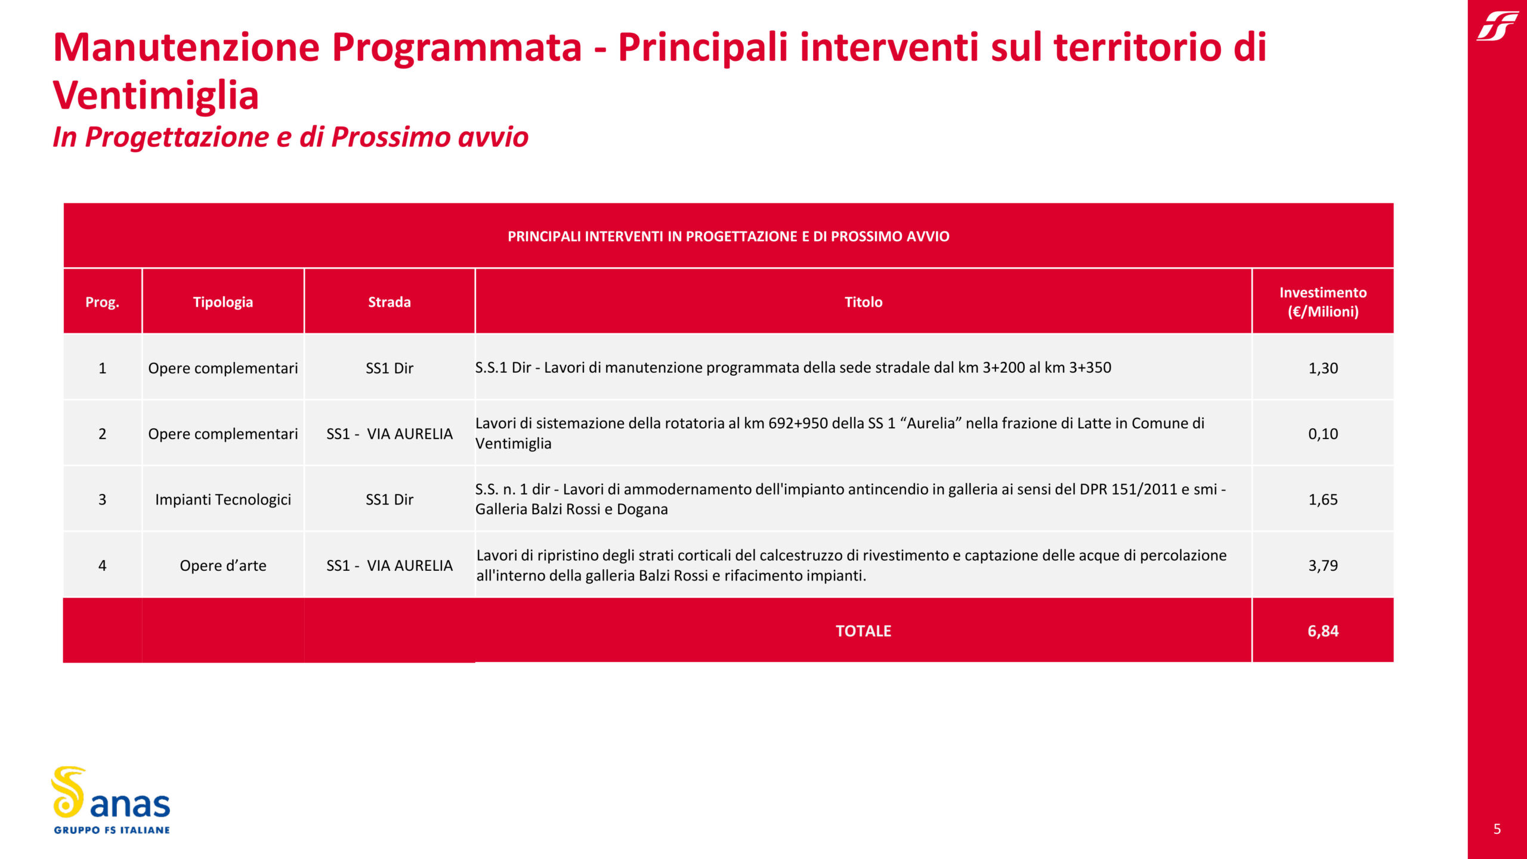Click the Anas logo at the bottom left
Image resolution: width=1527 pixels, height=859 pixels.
[111, 801]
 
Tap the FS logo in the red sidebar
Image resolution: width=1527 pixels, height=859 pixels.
[1497, 26]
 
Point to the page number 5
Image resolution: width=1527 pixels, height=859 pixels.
[1497, 829]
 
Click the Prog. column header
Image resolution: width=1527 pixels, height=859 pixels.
[102, 302]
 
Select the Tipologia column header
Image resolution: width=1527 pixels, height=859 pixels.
[223, 302]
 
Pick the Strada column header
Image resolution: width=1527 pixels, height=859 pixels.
[390, 302]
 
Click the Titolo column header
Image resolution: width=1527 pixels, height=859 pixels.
[863, 302]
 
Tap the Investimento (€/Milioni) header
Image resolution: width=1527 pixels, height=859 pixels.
[1323, 302]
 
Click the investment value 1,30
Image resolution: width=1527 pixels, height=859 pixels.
[1323, 368]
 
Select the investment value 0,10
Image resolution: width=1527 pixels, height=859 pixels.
[1323, 434]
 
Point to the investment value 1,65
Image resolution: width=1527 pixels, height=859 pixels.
[1323, 499]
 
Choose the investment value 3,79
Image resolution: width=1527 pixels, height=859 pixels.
[1323, 566]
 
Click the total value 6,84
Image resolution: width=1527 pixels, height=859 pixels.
[1323, 631]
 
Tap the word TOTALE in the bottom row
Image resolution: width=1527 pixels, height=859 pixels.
[863, 631]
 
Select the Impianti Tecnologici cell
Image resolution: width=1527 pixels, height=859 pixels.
[223, 499]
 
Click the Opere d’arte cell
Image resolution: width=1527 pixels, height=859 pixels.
[223, 566]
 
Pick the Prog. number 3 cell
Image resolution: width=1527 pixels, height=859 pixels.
[102, 499]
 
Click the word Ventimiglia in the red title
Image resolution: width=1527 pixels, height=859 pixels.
[156, 95]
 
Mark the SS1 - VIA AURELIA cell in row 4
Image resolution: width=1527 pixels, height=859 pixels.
[390, 566]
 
